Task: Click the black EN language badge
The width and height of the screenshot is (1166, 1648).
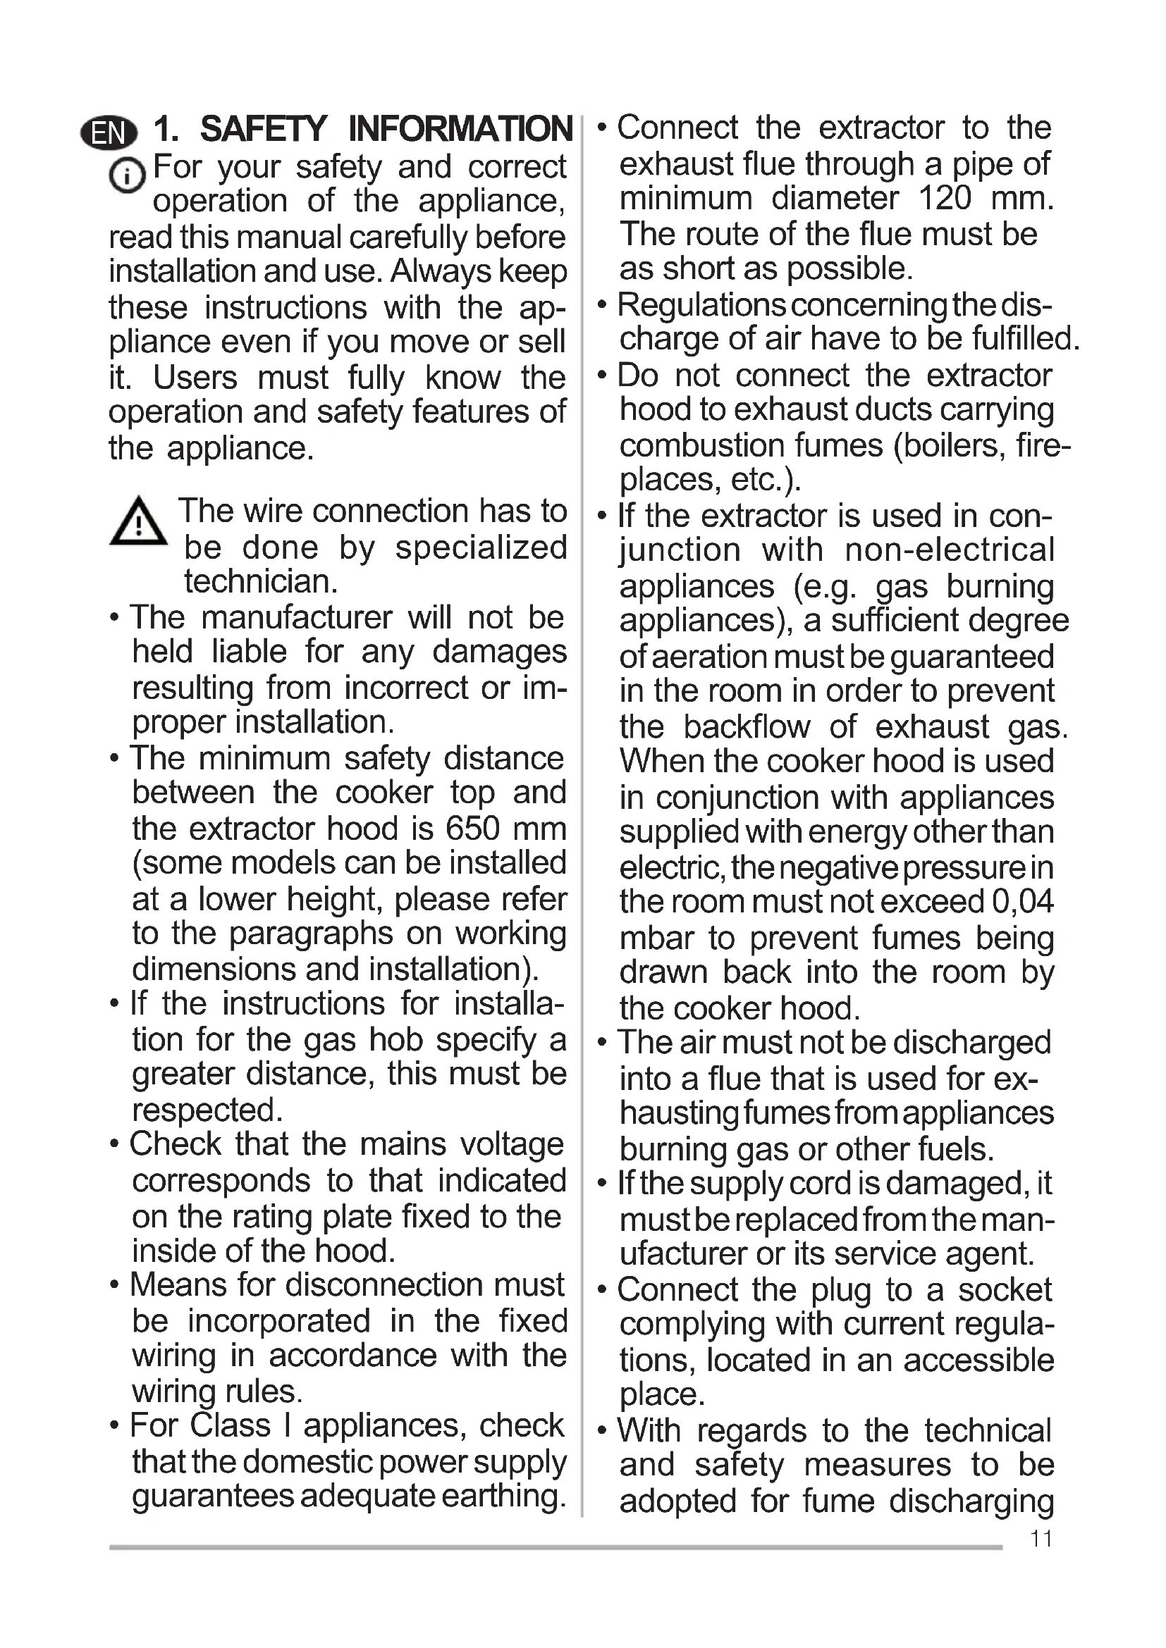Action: pyautogui.click(x=109, y=132)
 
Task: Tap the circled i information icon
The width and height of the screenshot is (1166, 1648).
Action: pyautogui.click(x=127, y=175)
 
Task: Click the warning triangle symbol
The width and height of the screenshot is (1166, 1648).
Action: pyautogui.click(x=138, y=523)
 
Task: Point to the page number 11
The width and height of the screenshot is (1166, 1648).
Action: pyautogui.click(x=1041, y=1539)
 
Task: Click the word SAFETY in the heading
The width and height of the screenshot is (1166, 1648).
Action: pyautogui.click(x=264, y=130)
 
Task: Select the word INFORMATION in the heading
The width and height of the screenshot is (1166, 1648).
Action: pyautogui.click(x=460, y=130)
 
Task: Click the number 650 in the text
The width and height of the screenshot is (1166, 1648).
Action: pyautogui.click(x=472, y=829)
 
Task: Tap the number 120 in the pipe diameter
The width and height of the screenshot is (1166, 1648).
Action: pyautogui.click(x=945, y=199)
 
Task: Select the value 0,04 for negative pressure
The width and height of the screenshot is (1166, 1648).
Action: pyautogui.click(x=1022, y=903)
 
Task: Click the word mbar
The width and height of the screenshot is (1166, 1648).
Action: pyautogui.click(x=656, y=938)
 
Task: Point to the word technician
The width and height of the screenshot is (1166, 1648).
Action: pyautogui.click(x=261, y=581)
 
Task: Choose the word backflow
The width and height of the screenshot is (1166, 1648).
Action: pyautogui.click(x=746, y=727)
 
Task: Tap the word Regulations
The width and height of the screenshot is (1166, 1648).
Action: pyautogui.click(x=701, y=305)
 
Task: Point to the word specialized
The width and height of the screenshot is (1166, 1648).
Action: pyautogui.click(x=481, y=547)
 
